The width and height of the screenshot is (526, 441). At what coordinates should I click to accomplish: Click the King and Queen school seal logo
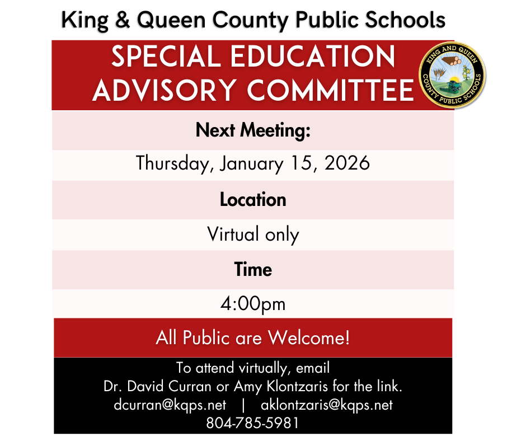click(452, 75)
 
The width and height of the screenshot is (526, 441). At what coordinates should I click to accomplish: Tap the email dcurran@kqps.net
click(169, 405)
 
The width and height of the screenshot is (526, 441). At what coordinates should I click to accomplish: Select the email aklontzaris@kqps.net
click(327, 405)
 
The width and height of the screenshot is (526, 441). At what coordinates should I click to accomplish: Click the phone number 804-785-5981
click(253, 423)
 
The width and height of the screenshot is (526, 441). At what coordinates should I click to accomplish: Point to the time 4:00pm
click(253, 304)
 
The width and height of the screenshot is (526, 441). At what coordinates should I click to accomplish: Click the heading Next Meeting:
click(253, 131)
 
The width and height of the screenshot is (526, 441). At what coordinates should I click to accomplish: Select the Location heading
click(253, 200)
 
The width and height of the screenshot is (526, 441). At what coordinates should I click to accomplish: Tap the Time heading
click(253, 269)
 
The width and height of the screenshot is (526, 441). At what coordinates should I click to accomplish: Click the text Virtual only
click(253, 234)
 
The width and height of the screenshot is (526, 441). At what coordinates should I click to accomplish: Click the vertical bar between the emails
click(243, 405)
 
